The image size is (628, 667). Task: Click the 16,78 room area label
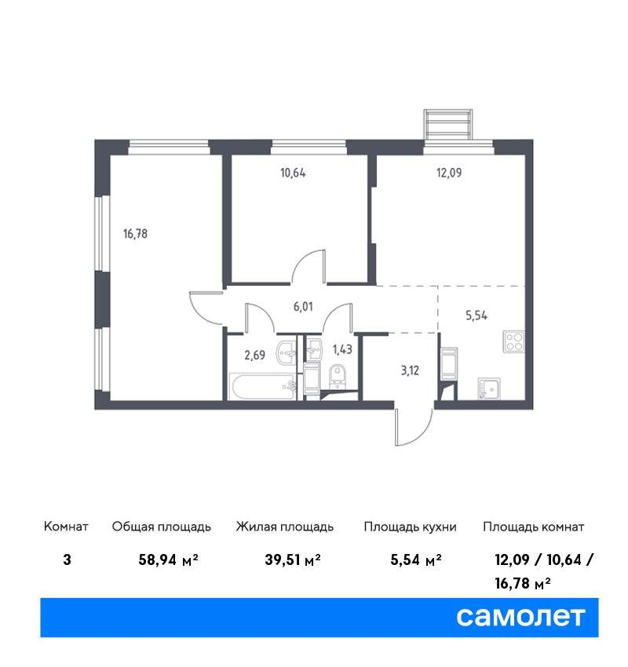[x=135, y=234]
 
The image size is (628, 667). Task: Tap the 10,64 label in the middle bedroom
[x=293, y=173]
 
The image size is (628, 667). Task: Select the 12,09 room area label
[x=449, y=173]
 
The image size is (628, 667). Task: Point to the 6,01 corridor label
[x=303, y=306]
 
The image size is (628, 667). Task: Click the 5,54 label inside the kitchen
[x=476, y=315]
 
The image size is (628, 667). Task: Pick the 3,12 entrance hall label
[x=410, y=370]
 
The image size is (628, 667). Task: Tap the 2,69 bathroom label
[x=255, y=355]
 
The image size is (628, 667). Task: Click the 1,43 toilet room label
[x=342, y=349]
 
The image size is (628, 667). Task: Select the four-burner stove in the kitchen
[x=513, y=341]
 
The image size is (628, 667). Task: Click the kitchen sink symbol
[x=489, y=388]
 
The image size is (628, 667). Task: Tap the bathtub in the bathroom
[x=262, y=387]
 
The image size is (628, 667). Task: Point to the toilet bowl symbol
[x=338, y=376]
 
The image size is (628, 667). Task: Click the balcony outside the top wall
[x=448, y=124]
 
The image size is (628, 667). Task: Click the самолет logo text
[x=520, y=616]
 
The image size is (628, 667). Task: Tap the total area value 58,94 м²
[x=169, y=559]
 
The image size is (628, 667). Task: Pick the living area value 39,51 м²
[x=293, y=559]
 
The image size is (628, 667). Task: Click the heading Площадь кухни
[x=410, y=527]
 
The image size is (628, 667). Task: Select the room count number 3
[x=67, y=559]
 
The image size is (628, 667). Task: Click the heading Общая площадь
[x=161, y=527]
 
